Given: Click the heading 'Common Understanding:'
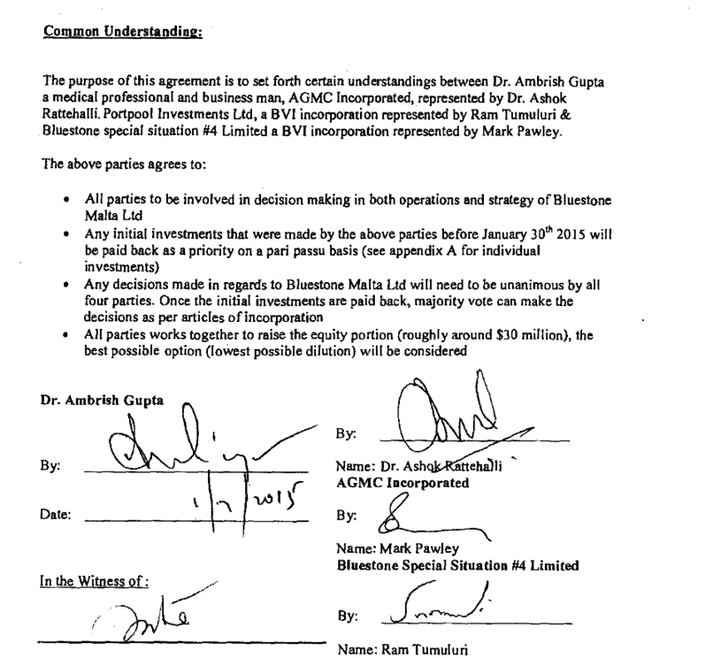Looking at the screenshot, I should [x=123, y=34].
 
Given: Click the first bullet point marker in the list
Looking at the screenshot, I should [x=66, y=202].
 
